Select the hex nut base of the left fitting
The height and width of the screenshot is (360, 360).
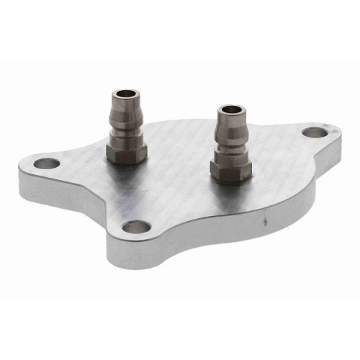127,150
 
